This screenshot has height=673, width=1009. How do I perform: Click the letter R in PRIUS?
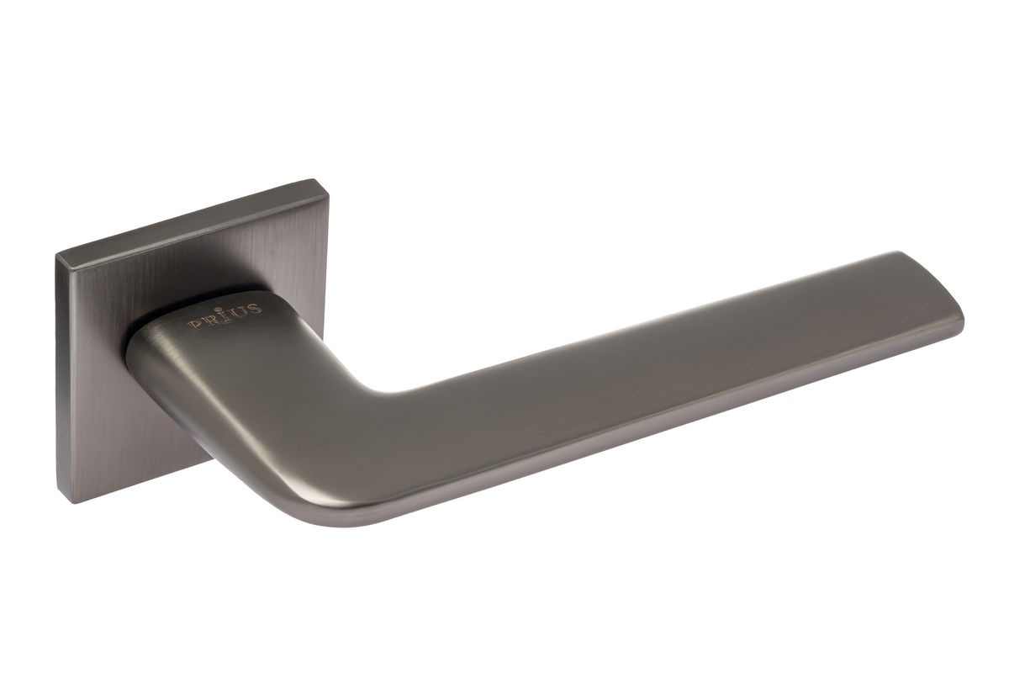pyautogui.click(x=207, y=322)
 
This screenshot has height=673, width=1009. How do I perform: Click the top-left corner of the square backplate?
pyautogui.click(x=55, y=254)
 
